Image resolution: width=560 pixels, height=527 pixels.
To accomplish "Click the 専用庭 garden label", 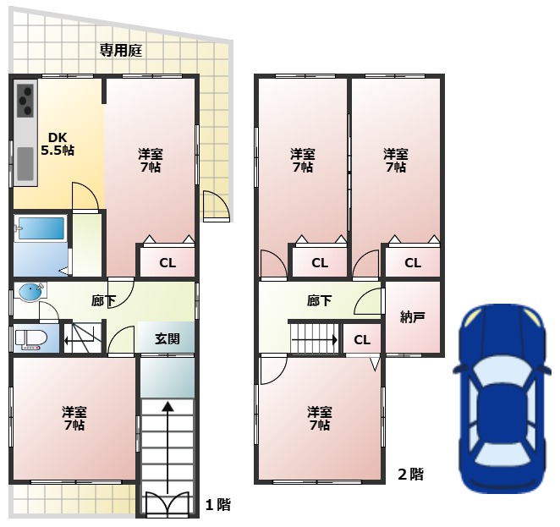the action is click(121, 51).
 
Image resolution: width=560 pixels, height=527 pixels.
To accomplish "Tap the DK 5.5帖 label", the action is click(58, 144).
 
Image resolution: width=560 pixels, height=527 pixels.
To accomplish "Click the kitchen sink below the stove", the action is click(25, 164).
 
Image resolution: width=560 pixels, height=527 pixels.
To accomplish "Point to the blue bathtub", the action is click(41, 228).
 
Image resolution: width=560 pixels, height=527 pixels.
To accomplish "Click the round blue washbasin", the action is click(30, 292).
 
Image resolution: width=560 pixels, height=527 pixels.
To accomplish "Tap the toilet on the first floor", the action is click(31, 339).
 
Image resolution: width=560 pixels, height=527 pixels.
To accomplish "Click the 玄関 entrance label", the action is click(167, 338).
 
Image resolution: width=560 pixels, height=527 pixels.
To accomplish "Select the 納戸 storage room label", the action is click(412, 316).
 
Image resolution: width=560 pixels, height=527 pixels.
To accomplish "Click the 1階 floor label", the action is click(217, 504).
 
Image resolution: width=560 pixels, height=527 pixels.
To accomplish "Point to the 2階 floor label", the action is click(411, 475).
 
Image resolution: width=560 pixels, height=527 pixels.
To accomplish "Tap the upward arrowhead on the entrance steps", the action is click(167, 406).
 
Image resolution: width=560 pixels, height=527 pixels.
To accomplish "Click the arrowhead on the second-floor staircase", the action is click(335, 339).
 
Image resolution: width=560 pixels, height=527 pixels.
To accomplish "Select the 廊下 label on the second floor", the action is click(319, 300).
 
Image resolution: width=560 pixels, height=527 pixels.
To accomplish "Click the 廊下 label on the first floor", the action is click(103, 301).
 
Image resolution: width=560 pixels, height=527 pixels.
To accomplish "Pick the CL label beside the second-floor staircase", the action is click(362, 339).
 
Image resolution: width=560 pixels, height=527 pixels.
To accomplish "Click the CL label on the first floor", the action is click(167, 263).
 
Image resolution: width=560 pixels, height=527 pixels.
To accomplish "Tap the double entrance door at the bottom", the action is click(167, 504).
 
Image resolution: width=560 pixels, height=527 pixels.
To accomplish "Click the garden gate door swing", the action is click(217, 206).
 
